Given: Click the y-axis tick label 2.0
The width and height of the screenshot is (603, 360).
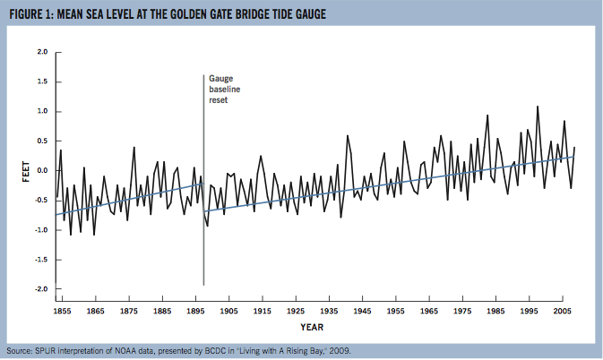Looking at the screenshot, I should (x=42, y=52).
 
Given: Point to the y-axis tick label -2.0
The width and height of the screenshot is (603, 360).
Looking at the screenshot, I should (x=40, y=289).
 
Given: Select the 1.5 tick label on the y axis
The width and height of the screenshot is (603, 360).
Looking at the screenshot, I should (x=42, y=81).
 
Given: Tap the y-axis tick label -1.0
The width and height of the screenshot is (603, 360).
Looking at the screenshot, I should (x=40, y=230).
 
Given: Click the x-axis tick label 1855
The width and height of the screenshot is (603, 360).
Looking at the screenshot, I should (x=63, y=312).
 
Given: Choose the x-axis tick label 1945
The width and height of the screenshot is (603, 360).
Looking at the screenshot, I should (x=362, y=312).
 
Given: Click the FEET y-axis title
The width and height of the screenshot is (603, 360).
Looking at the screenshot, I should (x=25, y=170).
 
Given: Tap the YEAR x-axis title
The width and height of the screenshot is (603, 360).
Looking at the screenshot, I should (x=313, y=327).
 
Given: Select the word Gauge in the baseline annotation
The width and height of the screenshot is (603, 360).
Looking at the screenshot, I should (x=221, y=79).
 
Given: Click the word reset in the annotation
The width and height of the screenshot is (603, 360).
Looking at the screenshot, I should (x=219, y=100).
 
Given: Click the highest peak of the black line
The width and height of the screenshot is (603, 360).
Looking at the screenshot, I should (x=538, y=107).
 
